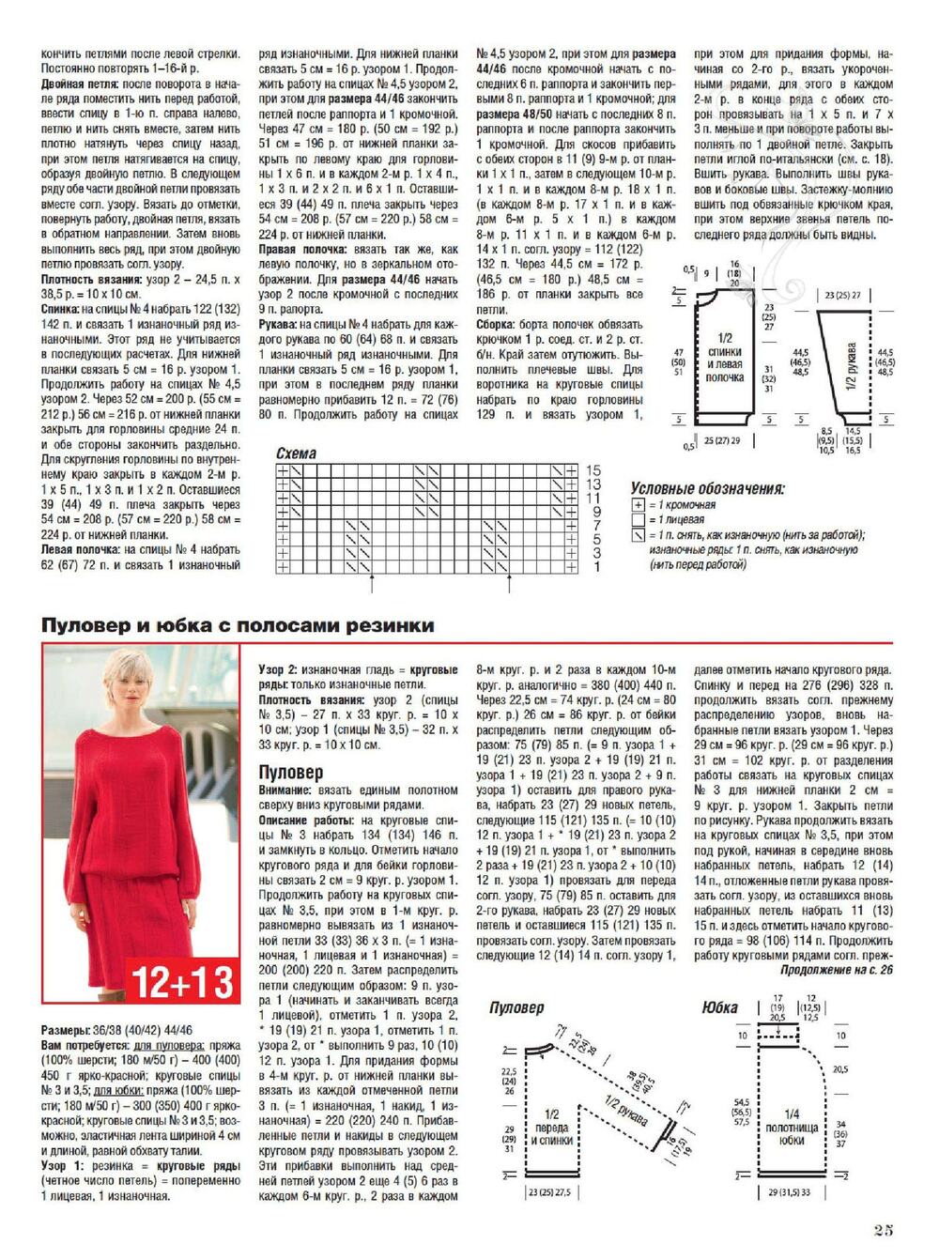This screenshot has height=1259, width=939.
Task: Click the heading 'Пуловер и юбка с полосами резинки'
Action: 238,625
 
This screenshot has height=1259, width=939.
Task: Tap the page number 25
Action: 882,1230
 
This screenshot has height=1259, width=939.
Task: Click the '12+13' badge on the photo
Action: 182,982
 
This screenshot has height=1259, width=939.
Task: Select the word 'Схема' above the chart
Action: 296,453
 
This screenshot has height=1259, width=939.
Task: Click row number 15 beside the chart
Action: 593,469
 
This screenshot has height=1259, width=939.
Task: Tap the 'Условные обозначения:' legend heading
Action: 707,489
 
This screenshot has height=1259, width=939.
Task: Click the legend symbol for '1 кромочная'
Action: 639,505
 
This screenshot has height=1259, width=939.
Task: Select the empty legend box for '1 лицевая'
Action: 639,519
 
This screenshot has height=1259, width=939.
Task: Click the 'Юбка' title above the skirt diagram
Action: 719,1007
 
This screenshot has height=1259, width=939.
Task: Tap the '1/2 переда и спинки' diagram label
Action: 552,1134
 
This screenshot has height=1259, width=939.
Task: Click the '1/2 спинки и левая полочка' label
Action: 725,358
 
